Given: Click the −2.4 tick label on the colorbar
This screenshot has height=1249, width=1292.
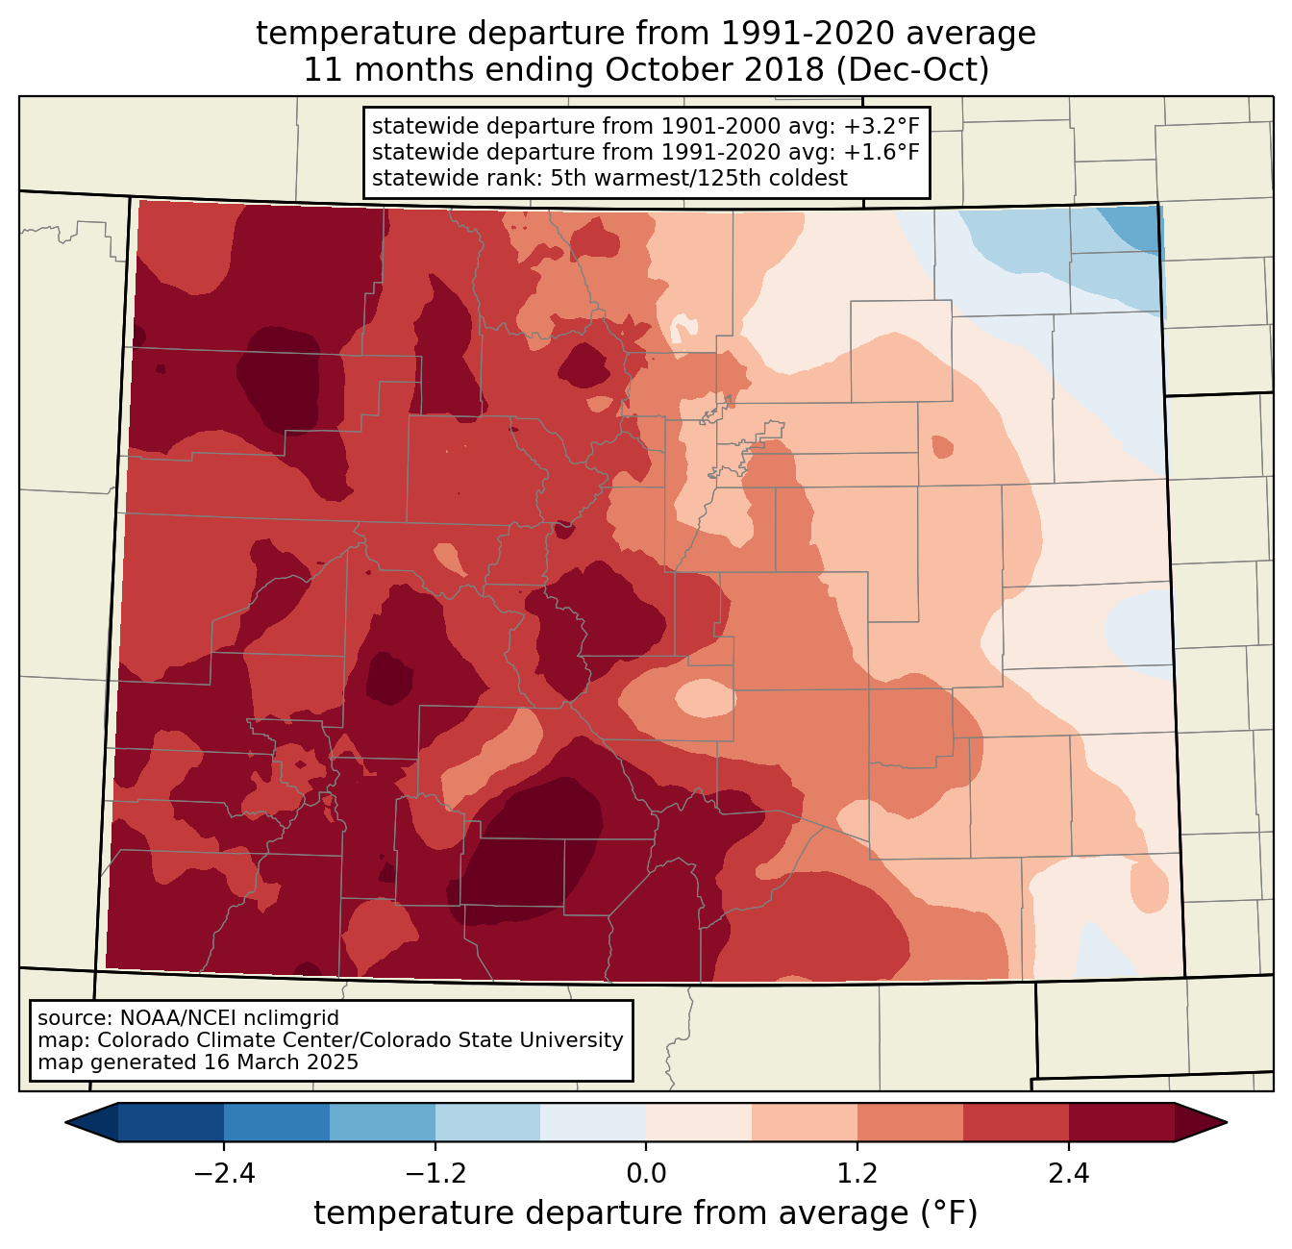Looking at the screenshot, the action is [x=224, y=1174].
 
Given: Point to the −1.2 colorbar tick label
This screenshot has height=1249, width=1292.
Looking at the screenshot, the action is [x=435, y=1174].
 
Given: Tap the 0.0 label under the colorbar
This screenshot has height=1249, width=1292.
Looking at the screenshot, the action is [x=646, y=1174].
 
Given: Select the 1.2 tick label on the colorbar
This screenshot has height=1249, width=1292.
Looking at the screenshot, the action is [x=857, y=1174].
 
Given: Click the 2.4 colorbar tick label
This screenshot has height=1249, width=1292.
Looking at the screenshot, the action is [x=1068, y=1174].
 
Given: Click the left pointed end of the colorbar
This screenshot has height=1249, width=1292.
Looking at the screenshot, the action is [x=66, y=1123].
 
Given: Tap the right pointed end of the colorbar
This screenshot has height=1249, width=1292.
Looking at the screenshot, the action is [x=1227, y=1123].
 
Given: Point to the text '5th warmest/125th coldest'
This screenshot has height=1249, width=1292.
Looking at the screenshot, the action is [x=699, y=178].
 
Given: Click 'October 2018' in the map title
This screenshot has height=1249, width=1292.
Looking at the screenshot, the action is [x=713, y=70].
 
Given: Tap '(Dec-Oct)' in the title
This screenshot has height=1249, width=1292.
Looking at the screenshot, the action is [x=912, y=70].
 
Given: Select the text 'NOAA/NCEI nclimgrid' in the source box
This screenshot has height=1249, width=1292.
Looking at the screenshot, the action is [x=229, y=1018].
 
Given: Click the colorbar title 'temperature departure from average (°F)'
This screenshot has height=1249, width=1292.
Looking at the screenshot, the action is [x=646, y=1213].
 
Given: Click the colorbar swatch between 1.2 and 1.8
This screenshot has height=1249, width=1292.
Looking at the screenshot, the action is [x=910, y=1123].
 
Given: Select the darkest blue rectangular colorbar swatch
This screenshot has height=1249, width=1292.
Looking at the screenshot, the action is [x=171, y=1123].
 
